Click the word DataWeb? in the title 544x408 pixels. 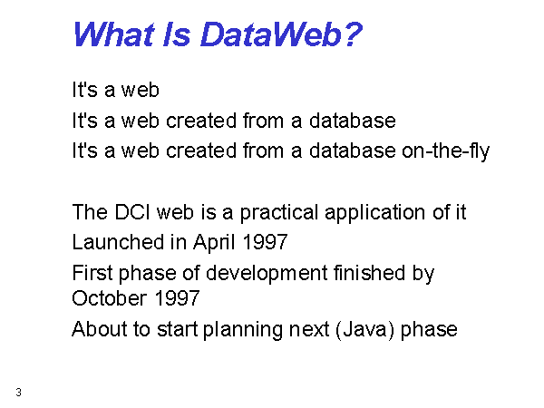point(281,34)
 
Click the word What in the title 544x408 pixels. point(114,34)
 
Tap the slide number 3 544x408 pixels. point(18,393)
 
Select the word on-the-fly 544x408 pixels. point(445,151)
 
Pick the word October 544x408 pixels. point(110,298)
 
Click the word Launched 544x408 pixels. point(118,242)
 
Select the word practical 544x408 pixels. point(279,213)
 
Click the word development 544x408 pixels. point(267,274)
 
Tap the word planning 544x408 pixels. point(242,330)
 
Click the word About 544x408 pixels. point(100,329)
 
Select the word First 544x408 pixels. point(92,273)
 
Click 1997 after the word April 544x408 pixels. point(265,242)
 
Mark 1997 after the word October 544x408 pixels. point(177,298)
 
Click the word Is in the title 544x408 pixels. point(177,34)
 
